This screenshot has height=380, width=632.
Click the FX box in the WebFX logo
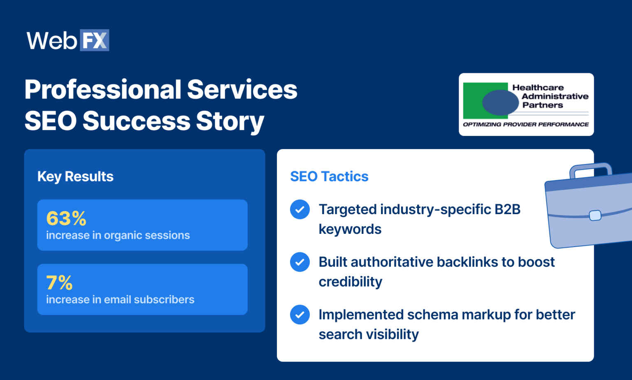[x=94, y=40]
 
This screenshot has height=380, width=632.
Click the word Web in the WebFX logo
[x=52, y=41]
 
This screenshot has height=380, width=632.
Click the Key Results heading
[x=75, y=177]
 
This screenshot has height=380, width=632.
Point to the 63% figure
[x=66, y=218]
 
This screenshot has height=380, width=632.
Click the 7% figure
[x=59, y=283]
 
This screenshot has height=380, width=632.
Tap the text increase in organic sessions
[x=118, y=235]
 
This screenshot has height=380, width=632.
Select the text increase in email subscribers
[x=120, y=300]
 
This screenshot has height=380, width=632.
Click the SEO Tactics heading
[x=329, y=177]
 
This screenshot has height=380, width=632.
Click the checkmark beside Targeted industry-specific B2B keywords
[x=300, y=209]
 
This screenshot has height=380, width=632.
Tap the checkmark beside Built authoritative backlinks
[x=300, y=262]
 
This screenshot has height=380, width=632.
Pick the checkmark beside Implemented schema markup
[x=300, y=315]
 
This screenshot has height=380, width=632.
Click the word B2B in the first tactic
[x=507, y=210]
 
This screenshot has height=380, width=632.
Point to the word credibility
[x=350, y=282]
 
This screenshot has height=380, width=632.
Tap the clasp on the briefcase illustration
[x=595, y=215]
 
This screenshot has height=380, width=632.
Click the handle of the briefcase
[x=591, y=167]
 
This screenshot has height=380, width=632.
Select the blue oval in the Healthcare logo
[x=500, y=103]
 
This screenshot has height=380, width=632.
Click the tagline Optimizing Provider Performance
[x=525, y=124]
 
